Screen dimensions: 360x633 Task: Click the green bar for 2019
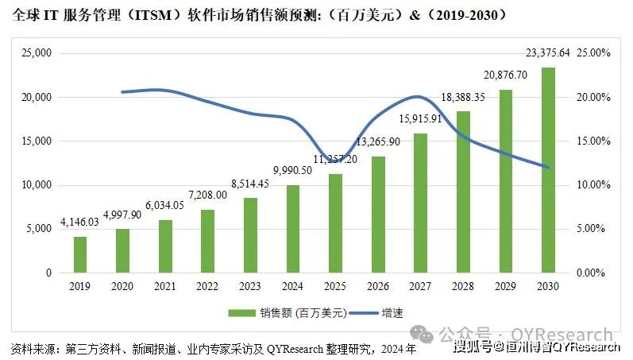80,254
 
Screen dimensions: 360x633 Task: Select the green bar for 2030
548,170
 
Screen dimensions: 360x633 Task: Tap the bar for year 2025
335,223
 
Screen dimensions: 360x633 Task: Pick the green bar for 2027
420,203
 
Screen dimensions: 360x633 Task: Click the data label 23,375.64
548,54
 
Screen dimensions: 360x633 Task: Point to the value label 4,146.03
79,223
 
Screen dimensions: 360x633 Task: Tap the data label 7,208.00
206,194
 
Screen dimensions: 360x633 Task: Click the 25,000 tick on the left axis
35,53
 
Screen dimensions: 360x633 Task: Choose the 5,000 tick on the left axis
37,229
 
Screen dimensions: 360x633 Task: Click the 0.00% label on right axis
592,273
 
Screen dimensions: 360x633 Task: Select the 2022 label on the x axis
207,285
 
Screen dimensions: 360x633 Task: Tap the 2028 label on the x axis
463,285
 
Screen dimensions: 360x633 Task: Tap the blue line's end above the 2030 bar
548,167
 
